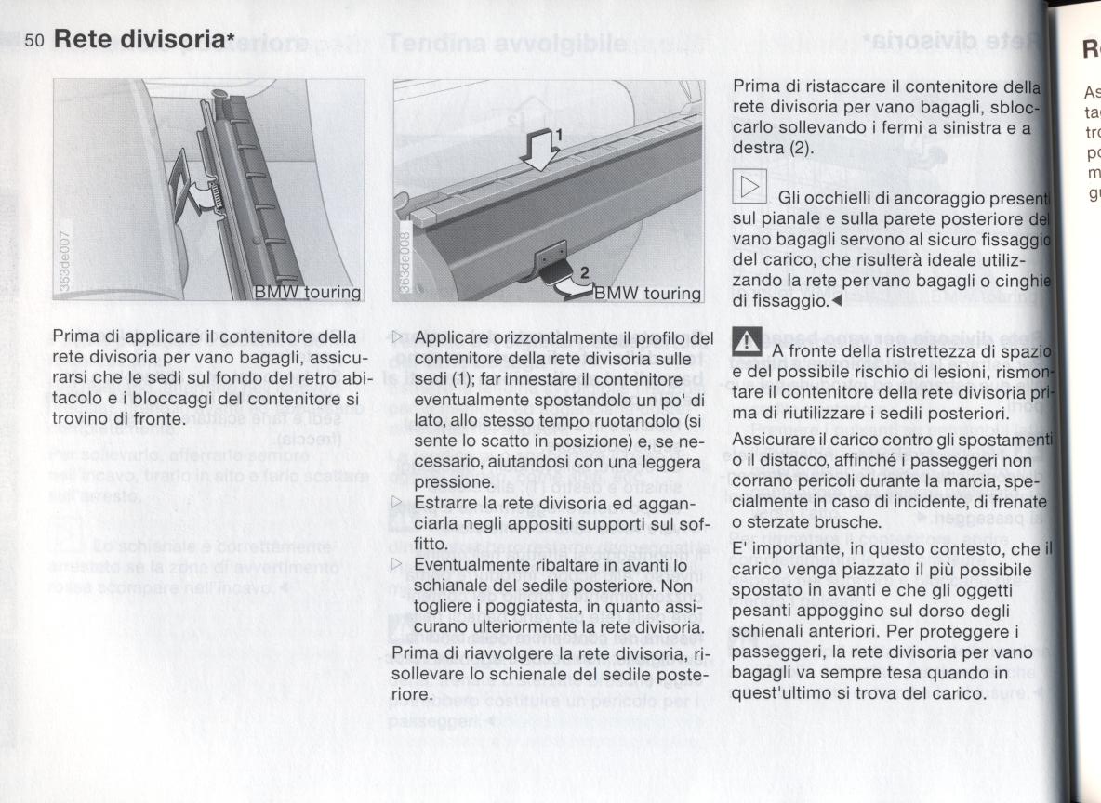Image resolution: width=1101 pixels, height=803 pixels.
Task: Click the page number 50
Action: [x=35, y=41]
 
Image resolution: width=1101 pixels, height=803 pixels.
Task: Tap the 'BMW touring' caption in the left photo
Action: [x=308, y=292]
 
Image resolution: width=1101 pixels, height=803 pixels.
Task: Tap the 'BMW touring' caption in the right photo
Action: [x=647, y=294]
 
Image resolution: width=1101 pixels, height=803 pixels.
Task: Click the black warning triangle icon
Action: [x=749, y=343]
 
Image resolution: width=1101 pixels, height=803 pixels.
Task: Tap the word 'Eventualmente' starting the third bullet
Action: [x=464, y=565]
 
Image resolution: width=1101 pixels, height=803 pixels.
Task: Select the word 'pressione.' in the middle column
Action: [x=449, y=482]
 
